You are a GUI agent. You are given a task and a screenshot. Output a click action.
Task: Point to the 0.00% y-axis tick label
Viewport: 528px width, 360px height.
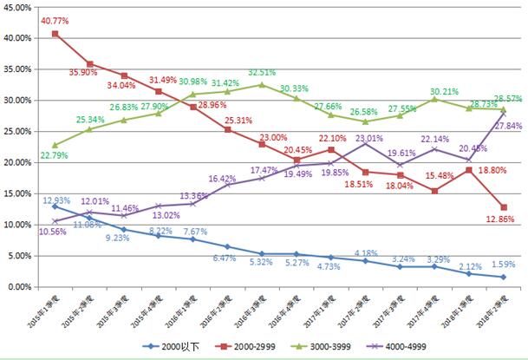[x=21, y=287]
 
